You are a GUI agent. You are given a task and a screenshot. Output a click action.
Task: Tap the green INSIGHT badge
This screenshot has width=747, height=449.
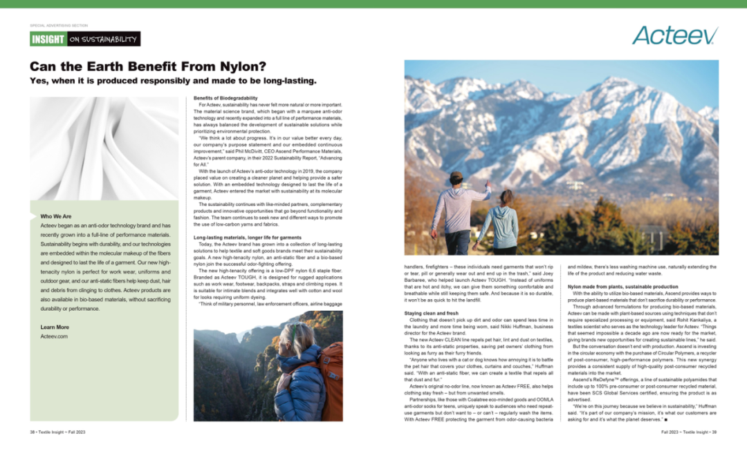point(48,39)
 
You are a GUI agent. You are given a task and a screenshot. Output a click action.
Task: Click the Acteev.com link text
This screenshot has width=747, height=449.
point(54,336)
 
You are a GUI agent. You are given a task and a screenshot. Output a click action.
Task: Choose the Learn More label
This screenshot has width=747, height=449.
point(55,327)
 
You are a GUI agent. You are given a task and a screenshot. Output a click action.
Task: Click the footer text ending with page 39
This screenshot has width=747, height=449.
point(689,432)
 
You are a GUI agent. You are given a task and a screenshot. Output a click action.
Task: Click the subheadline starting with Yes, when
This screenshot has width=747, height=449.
point(173,81)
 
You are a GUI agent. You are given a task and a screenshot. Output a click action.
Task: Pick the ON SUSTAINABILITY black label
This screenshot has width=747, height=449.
point(103,39)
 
